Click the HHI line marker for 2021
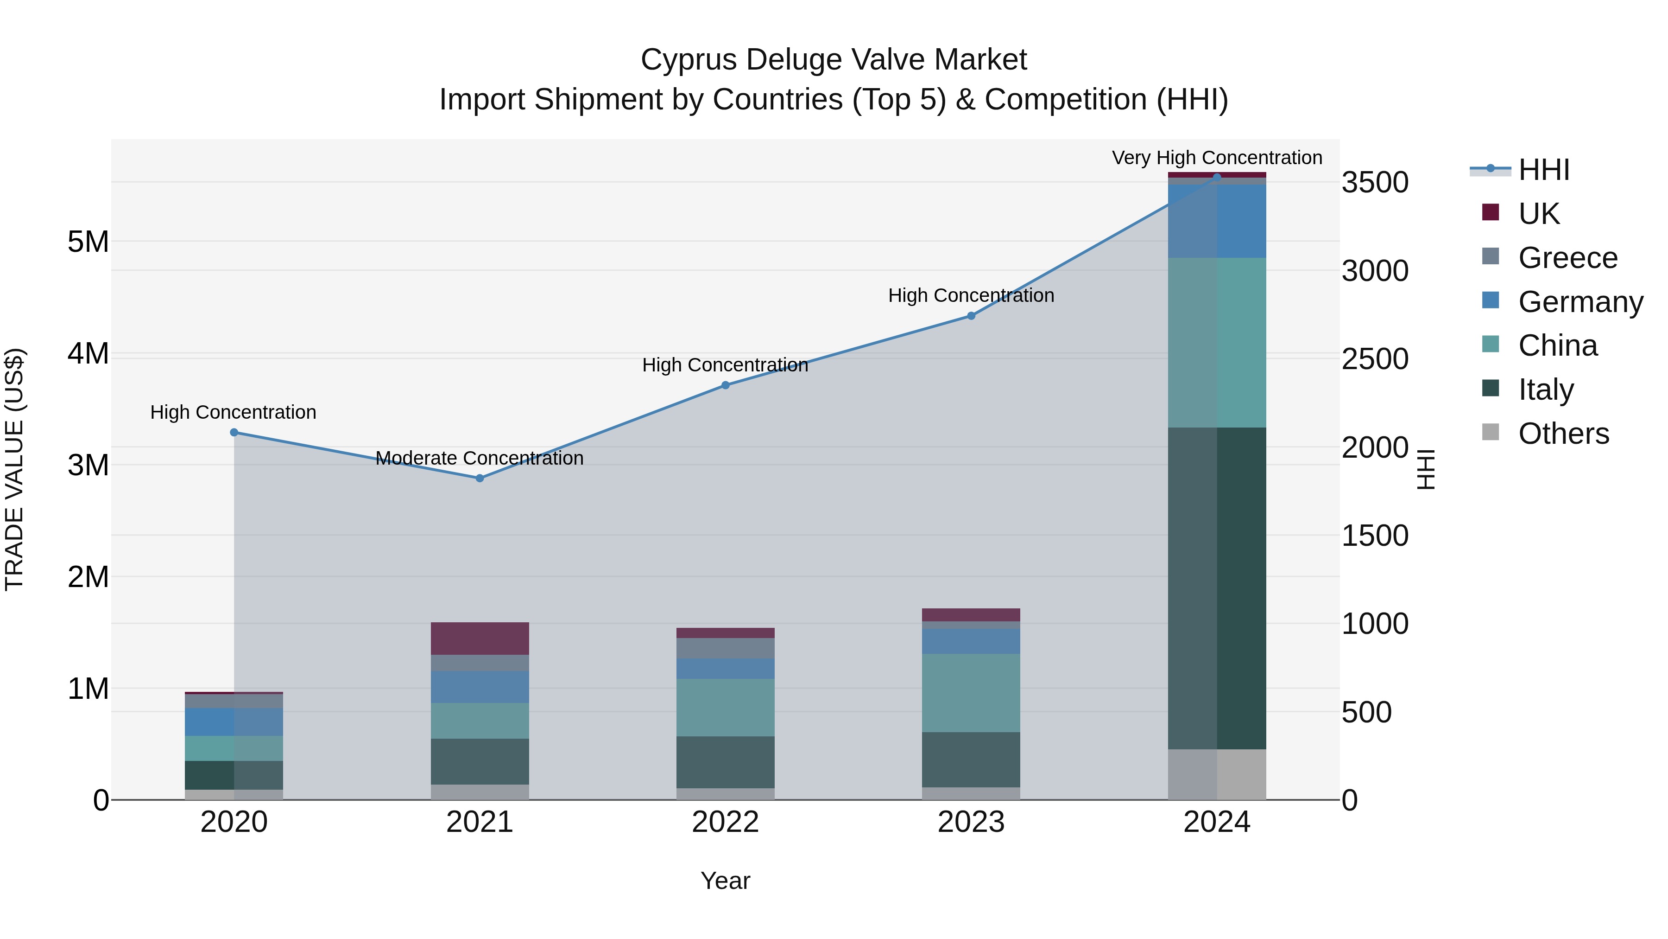[480, 478]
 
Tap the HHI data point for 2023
[971, 316]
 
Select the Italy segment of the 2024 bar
[1217, 588]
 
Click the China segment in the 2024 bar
[1217, 342]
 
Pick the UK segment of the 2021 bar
[480, 639]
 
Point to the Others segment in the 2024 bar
[1217, 774]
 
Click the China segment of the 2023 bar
[971, 693]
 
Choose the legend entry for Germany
[1580, 302]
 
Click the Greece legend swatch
[1490, 256]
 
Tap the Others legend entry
[1563, 434]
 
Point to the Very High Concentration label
[1217, 158]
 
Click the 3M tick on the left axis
[88, 465]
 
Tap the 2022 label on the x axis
[725, 822]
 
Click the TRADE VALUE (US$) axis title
[15, 469]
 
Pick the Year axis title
[725, 881]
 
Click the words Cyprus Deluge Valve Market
[834, 60]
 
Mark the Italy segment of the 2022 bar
[725, 762]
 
